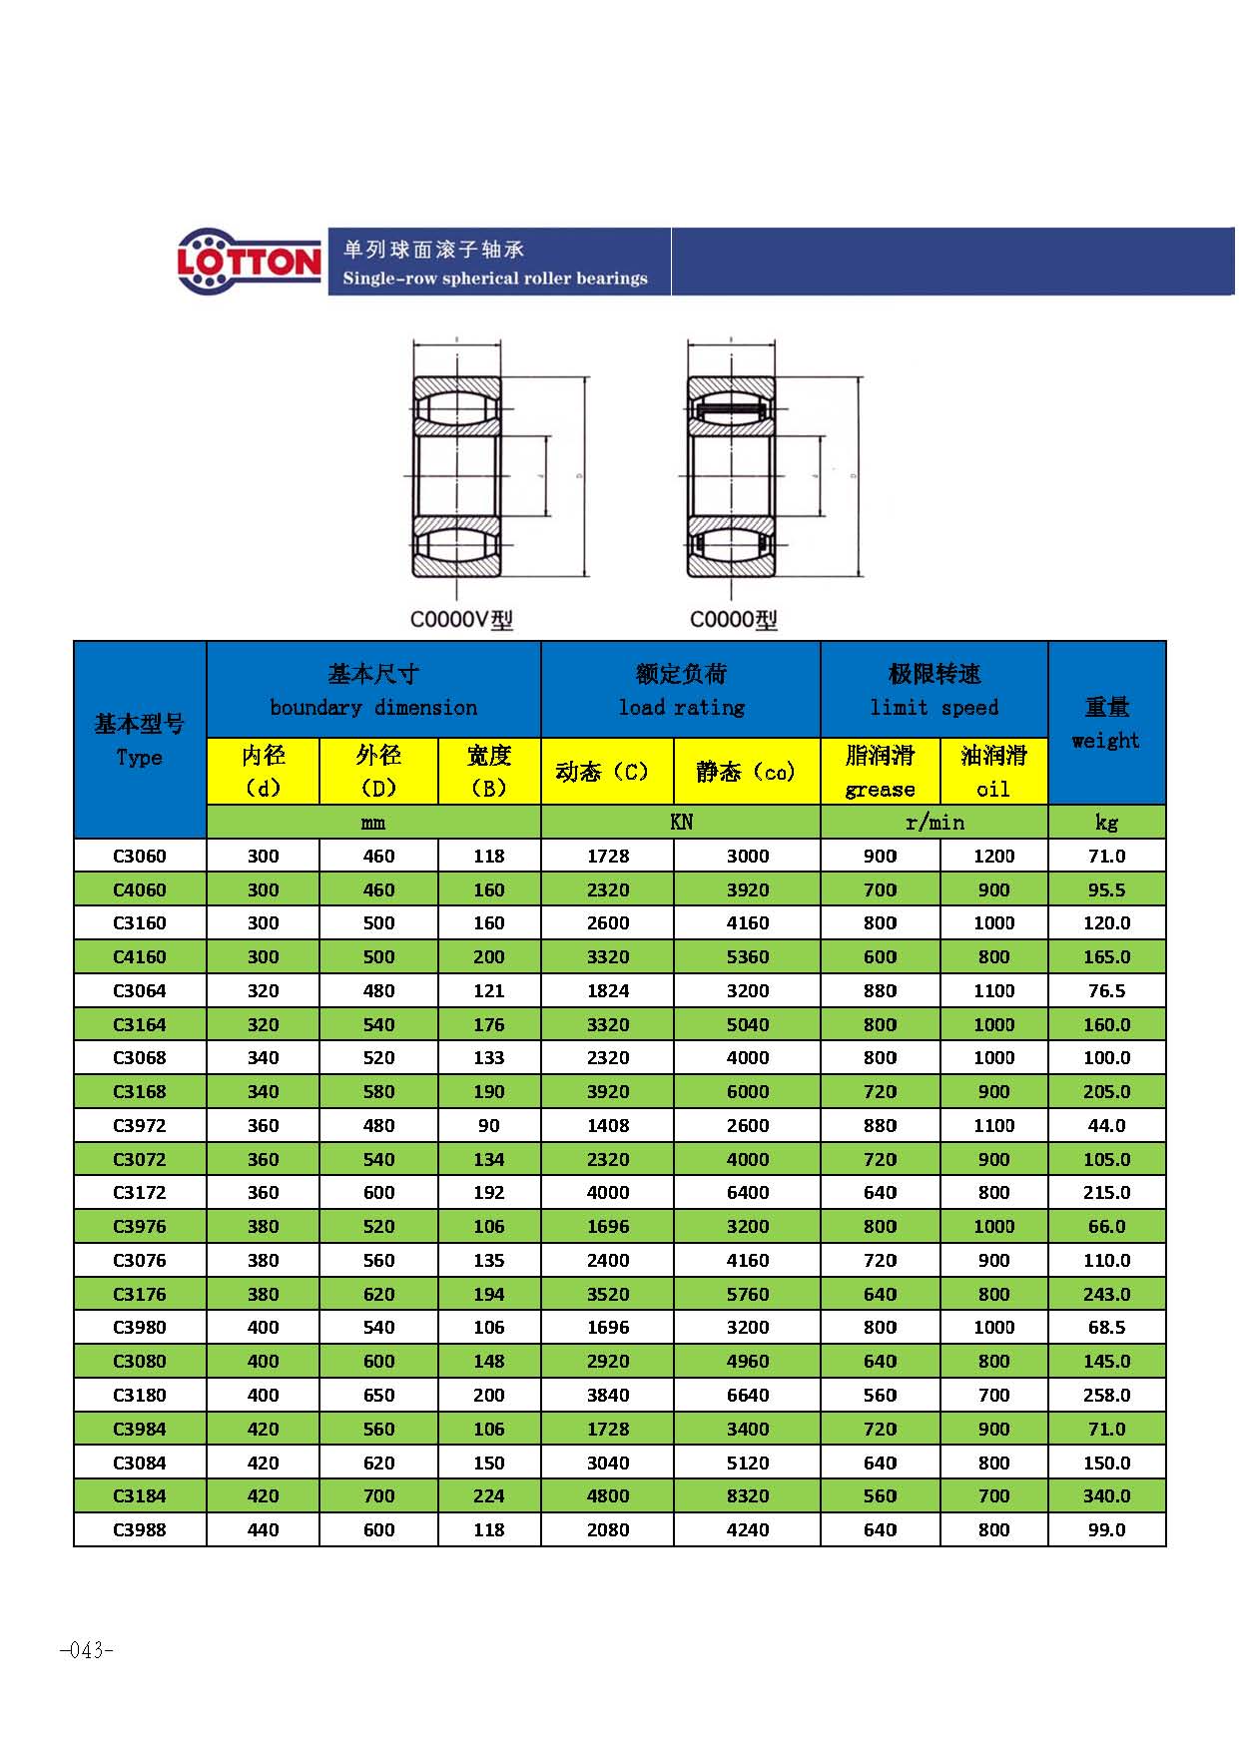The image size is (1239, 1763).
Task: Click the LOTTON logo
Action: point(250,262)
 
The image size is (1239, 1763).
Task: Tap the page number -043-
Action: point(87,1650)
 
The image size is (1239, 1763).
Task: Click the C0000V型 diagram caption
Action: point(461,620)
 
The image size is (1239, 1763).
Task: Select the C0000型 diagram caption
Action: point(734,620)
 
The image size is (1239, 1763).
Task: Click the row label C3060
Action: point(140,856)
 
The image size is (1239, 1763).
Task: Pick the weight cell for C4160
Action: point(1106,956)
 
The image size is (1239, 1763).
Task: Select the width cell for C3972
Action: point(489,1125)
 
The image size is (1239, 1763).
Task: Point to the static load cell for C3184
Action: point(748,1495)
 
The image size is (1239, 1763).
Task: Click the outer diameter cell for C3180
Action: point(378,1395)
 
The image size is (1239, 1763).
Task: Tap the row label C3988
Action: point(140,1529)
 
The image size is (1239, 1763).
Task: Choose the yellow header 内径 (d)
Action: point(263,771)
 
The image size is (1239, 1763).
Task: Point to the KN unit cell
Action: point(681,822)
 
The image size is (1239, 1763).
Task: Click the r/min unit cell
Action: point(934,822)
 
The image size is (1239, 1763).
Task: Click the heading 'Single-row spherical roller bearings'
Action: point(495,279)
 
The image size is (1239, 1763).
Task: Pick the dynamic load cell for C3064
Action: point(608,990)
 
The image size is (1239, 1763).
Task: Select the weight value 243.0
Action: point(1106,1294)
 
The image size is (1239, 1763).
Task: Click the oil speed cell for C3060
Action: point(993,856)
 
